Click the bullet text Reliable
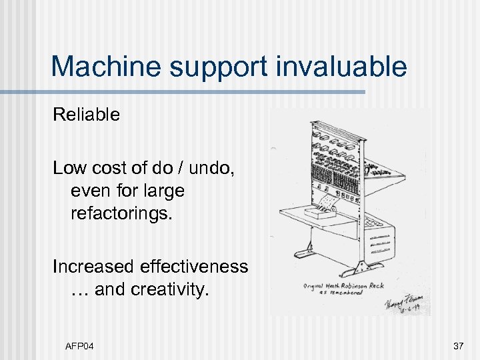tap(87, 115)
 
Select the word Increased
tap(94, 267)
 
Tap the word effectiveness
tap(194, 267)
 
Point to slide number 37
tap(458, 345)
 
